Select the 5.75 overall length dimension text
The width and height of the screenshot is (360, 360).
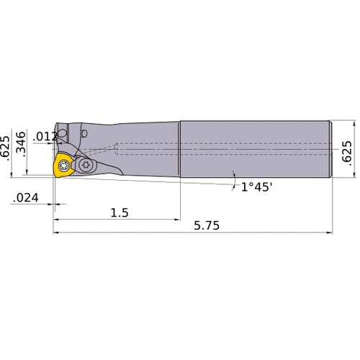pyautogui.click(x=207, y=225)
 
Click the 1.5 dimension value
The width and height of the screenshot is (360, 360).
pyautogui.click(x=121, y=214)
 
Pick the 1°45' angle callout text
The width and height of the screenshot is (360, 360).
pyautogui.click(x=257, y=186)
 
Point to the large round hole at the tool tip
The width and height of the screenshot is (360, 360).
pyautogui.click(x=63, y=135)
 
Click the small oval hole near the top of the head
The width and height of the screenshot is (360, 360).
pyautogui.click(x=84, y=133)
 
